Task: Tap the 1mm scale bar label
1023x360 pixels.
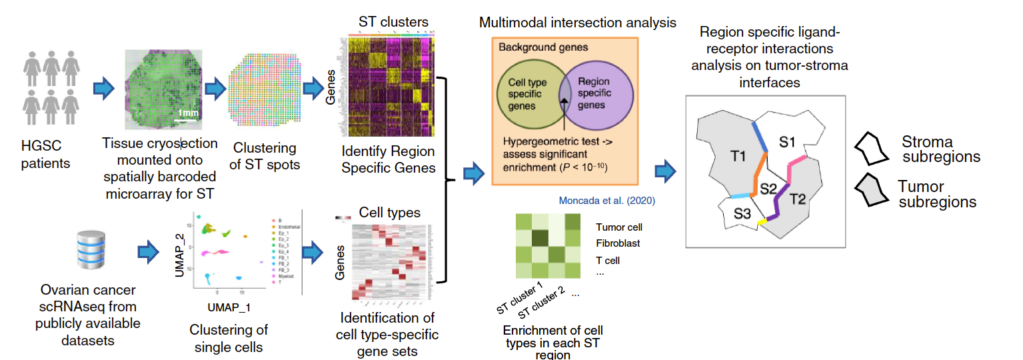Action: coord(189,113)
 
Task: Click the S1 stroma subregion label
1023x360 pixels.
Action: coord(788,141)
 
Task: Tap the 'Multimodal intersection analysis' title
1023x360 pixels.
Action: coord(577,23)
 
